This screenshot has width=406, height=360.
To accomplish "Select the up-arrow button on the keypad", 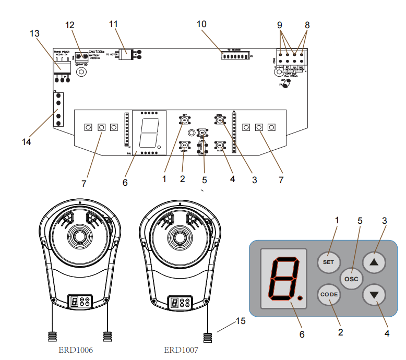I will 374,261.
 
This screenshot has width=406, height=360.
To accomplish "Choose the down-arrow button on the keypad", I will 374,294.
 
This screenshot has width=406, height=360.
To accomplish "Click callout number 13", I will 34,33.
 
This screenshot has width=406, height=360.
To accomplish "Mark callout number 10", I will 201,24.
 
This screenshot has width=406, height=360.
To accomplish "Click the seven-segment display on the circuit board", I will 149,133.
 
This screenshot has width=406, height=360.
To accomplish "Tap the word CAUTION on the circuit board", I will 98,52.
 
